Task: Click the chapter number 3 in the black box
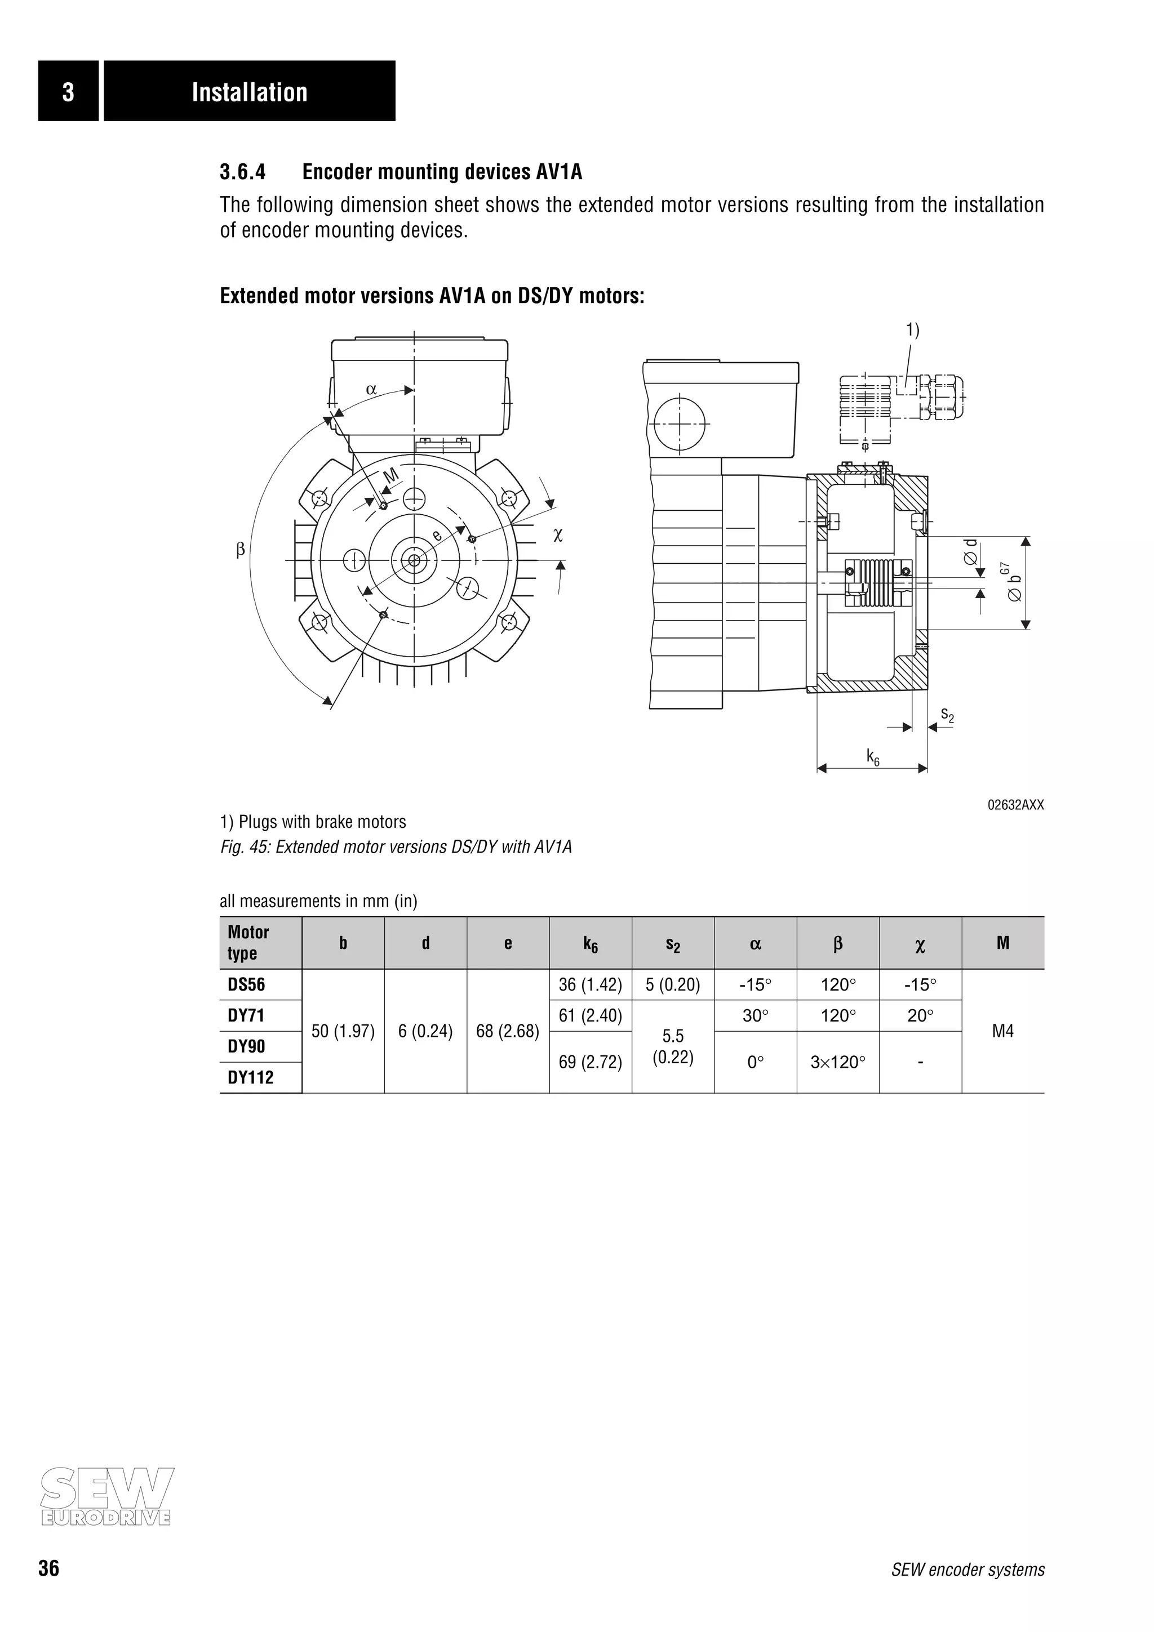(x=68, y=92)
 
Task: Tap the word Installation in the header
(x=250, y=92)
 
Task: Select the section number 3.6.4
(x=242, y=172)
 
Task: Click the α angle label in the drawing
(x=371, y=390)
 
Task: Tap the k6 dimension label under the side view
(x=872, y=758)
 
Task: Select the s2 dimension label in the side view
(x=947, y=715)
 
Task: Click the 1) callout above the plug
(x=912, y=330)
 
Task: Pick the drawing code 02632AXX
(x=1015, y=805)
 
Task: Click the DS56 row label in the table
(x=246, y=984)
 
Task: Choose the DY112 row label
(x=250, y=1077)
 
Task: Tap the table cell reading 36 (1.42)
(x=590, y=984)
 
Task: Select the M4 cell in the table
(x=1002, y=1031)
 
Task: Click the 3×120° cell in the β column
(x=837, y=1062)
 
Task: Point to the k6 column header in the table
(x=590, y=944)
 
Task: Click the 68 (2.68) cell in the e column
(x=508, y=1031)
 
